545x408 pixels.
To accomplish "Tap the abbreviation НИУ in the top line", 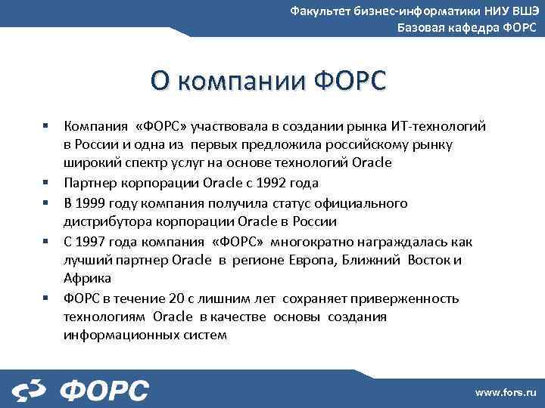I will (x=496, y=11).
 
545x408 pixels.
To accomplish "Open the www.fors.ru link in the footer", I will (x=505, y=392).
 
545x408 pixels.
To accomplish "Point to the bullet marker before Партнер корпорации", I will (x=46, y=182).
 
